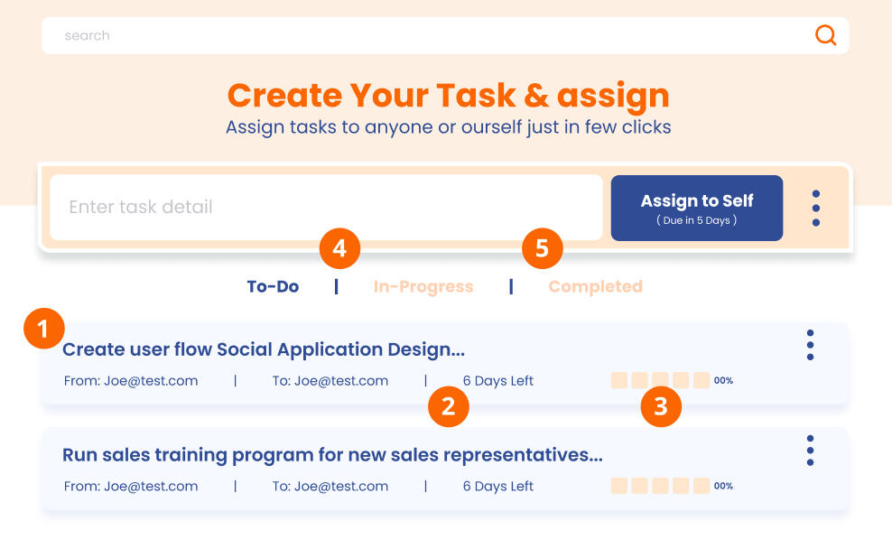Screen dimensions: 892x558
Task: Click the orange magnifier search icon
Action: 825,35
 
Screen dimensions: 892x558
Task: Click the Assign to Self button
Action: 697,208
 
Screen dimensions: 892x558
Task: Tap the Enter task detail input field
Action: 326,207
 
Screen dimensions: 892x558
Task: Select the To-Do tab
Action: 273,287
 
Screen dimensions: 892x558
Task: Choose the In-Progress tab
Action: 423,287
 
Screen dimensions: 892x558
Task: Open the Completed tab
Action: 596,287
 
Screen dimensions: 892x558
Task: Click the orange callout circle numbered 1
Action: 44,329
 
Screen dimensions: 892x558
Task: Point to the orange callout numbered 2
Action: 449,406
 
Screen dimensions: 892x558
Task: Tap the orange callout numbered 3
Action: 661,406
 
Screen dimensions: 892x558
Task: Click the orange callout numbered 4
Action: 339,248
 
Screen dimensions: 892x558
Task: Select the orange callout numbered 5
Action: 542,248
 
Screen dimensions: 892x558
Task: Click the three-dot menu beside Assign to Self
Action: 816,209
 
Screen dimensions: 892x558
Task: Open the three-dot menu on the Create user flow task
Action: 810,345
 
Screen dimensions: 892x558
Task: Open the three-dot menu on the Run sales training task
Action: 810,451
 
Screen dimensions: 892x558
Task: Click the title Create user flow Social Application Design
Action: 264,349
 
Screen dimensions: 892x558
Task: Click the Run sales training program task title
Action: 332,455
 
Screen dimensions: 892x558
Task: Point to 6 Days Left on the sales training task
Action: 497,487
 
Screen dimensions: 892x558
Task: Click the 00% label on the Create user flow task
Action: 723,380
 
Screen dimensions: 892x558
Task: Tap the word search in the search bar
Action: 87,35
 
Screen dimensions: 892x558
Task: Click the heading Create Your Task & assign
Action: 449,96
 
